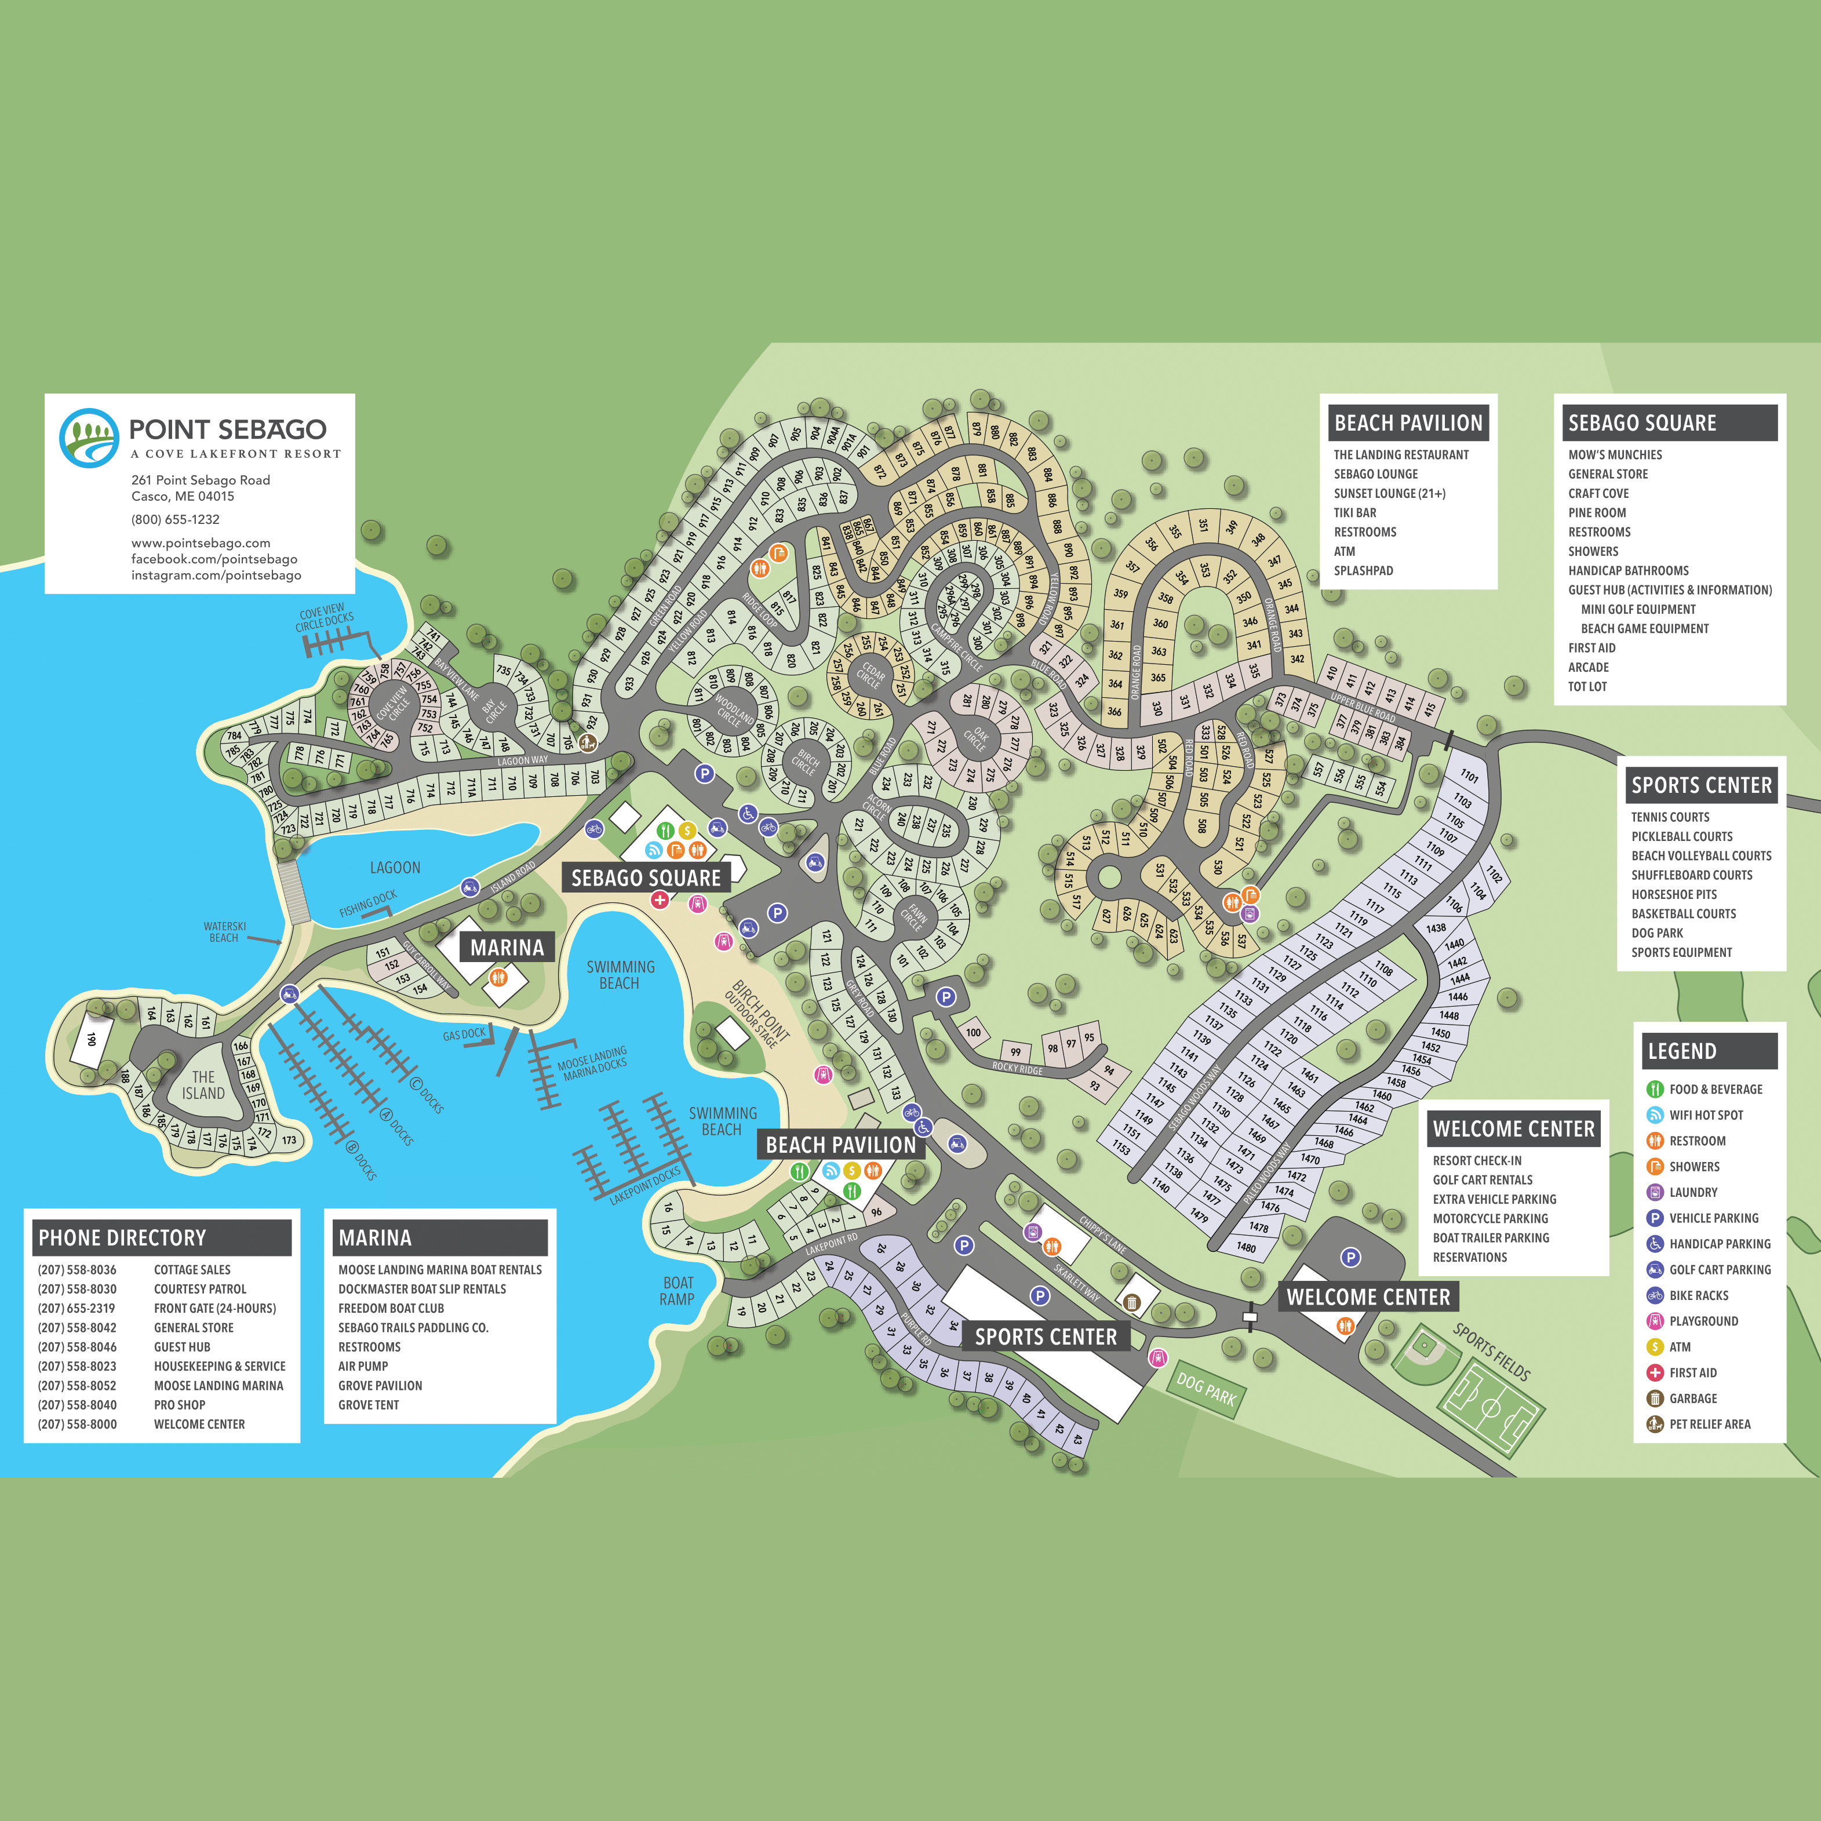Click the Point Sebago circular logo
89,438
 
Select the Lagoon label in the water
395,867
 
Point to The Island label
203,1085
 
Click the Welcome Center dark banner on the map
1368,1297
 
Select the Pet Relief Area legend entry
1709,1424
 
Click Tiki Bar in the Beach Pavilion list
1354,513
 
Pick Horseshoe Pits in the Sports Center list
1674,894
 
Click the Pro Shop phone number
77,1404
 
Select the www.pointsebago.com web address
200,543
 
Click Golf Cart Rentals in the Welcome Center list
1482,1180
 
